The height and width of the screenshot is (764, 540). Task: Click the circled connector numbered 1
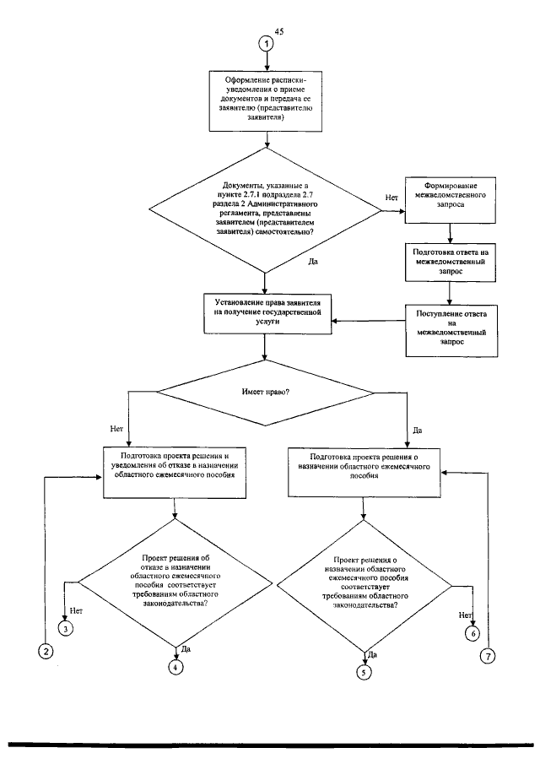point(266,43)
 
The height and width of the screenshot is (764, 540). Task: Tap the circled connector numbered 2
point(46,652)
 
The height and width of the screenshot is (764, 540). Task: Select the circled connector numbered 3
point(65,629)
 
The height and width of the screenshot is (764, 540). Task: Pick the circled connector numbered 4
point(175,667)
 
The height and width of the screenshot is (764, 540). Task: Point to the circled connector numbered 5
point(364,673)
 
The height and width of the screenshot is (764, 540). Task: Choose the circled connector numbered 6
point(472,633)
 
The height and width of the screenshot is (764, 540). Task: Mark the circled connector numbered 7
point(488,656)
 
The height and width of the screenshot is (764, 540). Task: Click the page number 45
point(279,32)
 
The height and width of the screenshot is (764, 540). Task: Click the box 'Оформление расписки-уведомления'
point(266,100)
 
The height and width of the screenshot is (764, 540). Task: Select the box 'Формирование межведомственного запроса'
point(451,200)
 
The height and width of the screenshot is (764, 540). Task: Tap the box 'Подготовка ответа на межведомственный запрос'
point(451,263)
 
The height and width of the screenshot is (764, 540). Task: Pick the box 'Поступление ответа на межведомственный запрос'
point(451,331)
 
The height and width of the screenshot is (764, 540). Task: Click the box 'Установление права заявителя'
point(267,314)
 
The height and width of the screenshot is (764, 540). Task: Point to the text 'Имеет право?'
point(266,392)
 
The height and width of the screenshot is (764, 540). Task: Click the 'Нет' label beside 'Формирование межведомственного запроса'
point(391,198)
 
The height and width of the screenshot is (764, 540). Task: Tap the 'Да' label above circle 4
point(186,649)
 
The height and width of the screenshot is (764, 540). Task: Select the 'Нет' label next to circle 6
point(465,615)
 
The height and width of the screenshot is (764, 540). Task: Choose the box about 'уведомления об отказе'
point(175,473)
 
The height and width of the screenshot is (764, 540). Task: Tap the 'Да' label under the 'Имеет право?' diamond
point(418,431)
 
